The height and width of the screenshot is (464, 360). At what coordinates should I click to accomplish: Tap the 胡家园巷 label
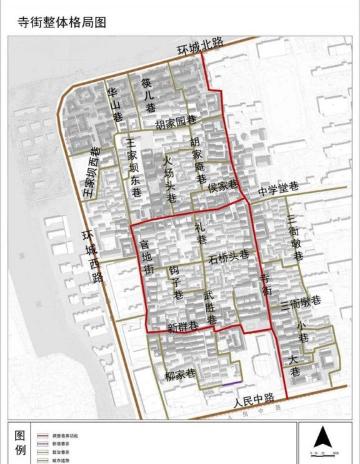tap(176, 121)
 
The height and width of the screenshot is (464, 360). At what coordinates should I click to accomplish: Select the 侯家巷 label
tap(222, 185)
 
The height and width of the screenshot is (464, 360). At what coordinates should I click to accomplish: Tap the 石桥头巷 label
tap(229, 256)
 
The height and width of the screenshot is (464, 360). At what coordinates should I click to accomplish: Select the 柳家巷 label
tap(181, 376)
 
